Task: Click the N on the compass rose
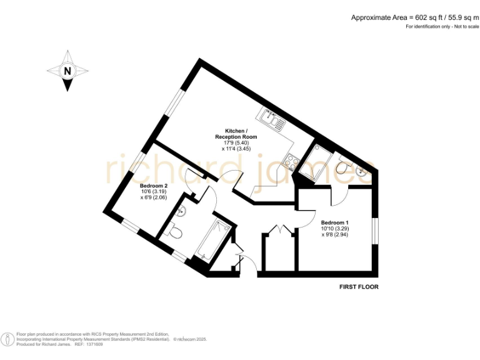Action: pos(67,71)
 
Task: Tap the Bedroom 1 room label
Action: pos(334,223)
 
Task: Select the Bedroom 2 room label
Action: pos(153,186)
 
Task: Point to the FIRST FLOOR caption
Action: pos(359,287)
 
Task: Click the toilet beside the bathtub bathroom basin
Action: pos(175,233)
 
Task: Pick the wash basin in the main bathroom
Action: pos(181,211)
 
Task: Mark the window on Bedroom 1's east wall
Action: pos(375,231)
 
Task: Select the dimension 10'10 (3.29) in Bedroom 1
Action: pos(334,229)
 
